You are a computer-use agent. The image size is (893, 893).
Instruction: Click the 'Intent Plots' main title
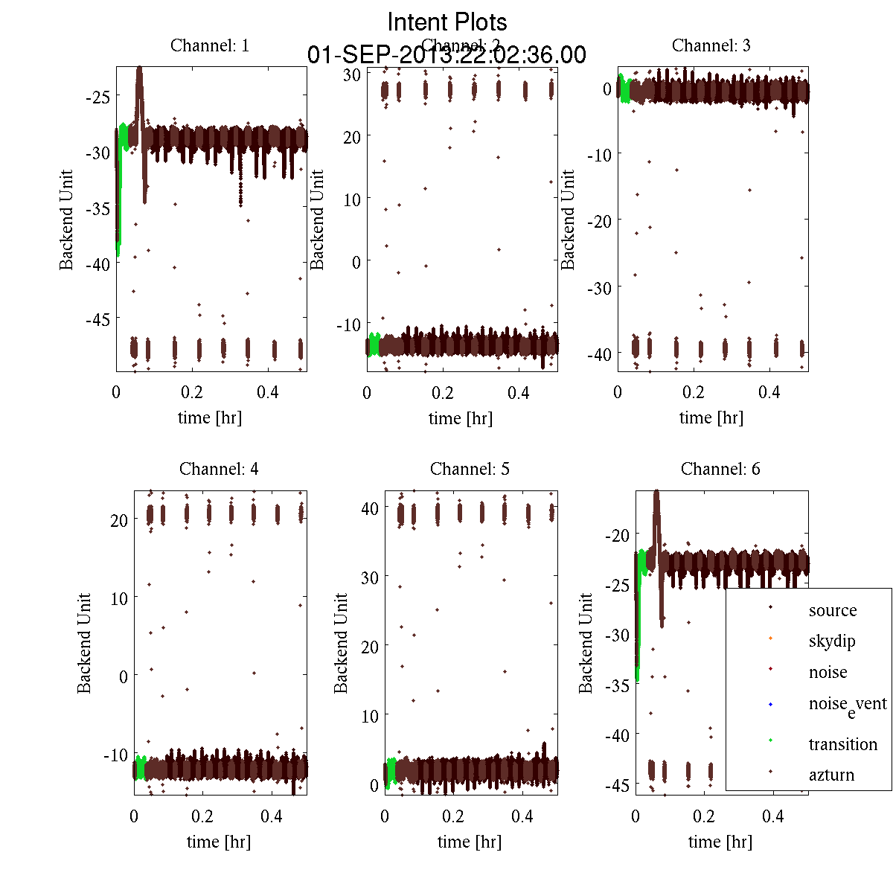[x=447, y=22]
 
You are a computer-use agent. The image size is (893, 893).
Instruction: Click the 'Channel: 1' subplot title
[x=210, y=45]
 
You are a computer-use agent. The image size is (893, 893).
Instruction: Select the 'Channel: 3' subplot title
[x=711, y=45]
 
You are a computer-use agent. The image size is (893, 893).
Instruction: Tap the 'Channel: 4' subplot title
[x=219, y=469]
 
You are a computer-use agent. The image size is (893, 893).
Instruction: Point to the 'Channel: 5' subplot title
[x=470, y=469]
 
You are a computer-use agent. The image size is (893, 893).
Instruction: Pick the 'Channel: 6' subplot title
[x=720, y=469]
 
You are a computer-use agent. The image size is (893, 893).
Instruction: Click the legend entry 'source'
[x=833, y=610]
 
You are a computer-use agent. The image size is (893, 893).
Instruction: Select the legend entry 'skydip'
[x=832, y=641]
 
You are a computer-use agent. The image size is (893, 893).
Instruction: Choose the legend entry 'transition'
[x=842, y=744]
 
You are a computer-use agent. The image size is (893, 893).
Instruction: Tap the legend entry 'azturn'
[x=831, y=775]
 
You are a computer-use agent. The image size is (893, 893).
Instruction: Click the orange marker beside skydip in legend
[x=770, y=638]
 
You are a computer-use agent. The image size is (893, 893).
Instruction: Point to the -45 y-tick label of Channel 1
[x=97, y=319]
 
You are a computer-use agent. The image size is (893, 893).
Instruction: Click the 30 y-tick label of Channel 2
[x=352, y=74]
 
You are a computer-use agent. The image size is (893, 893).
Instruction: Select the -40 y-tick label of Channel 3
[x=599, y=353]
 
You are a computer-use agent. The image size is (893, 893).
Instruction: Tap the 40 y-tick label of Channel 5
[x=370, y=508]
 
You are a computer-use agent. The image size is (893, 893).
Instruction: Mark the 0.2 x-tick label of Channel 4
[x=202, y=816]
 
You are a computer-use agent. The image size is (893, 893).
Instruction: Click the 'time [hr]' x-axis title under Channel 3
[x=711, y=417]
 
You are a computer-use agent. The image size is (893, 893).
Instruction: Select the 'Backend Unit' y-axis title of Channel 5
[x=341, y=643]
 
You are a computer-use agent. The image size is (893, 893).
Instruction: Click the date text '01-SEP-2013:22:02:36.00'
[x=446, y=55]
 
